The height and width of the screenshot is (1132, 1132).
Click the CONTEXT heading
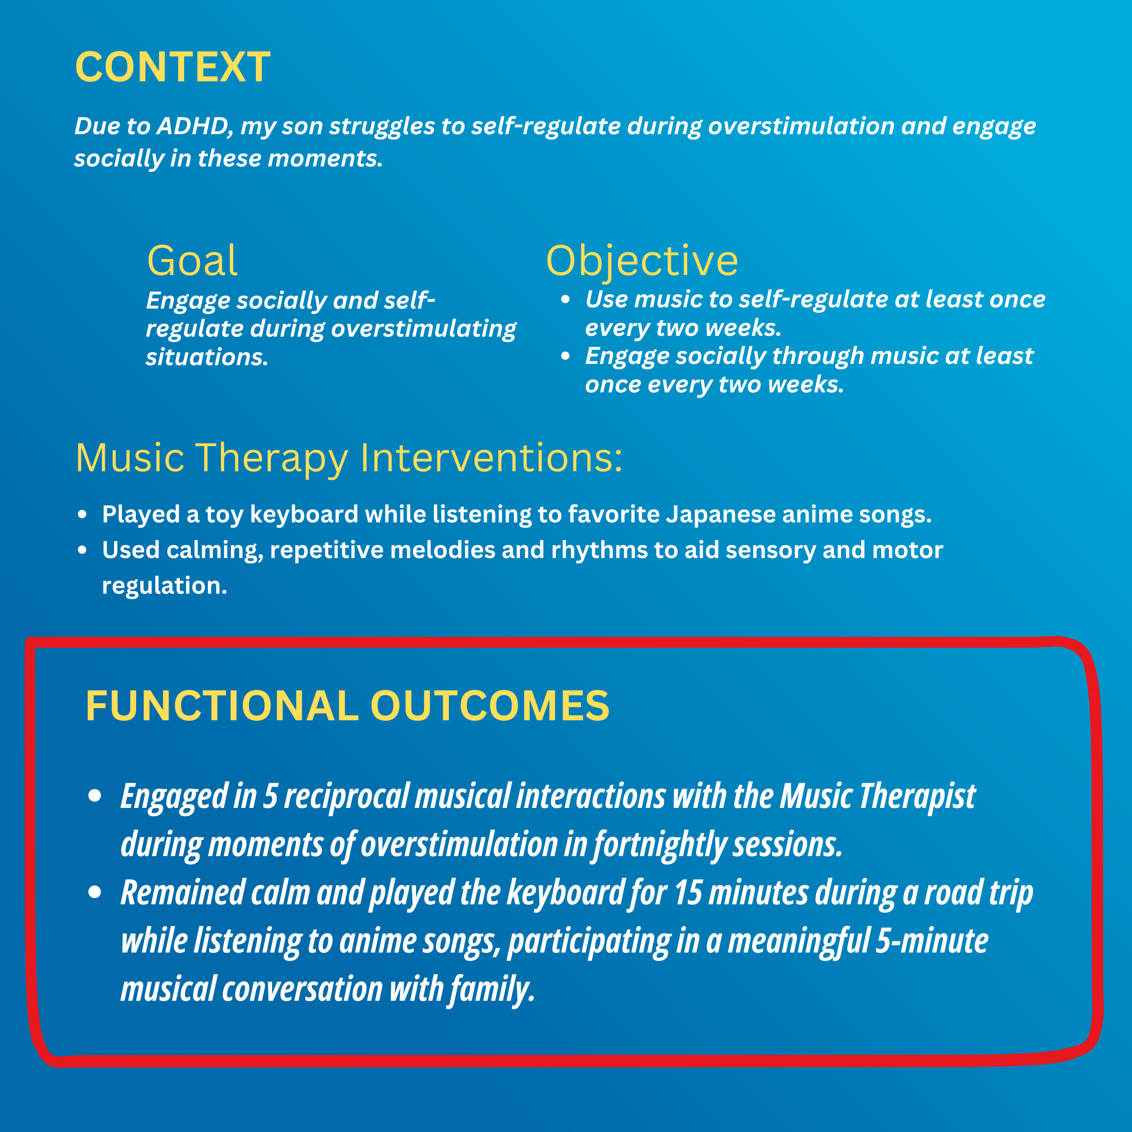(173, 67)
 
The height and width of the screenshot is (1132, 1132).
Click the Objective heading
(642, 261)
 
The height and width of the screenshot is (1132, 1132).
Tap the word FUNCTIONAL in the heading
(222, 706)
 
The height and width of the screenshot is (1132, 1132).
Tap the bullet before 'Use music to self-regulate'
(566, 299)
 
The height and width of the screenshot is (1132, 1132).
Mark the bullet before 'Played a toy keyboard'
(83, 515)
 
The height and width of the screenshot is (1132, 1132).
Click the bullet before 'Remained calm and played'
(95, 892)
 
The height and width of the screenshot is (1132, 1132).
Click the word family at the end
(492, 989)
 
